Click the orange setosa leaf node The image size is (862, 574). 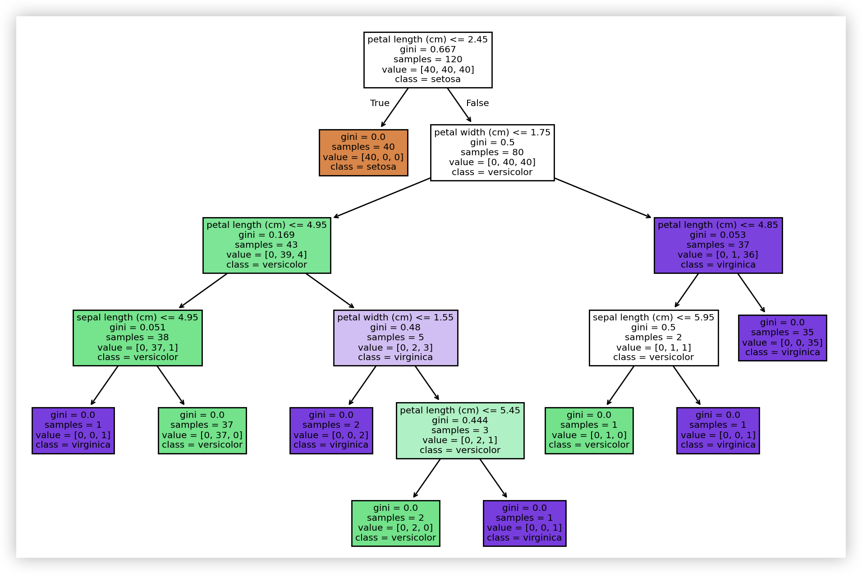(x=363, y=153)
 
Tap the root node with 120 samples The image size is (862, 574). (x=428, y=60)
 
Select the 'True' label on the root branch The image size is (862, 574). (x=380, y=103)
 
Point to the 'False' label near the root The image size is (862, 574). (x=477, y=103)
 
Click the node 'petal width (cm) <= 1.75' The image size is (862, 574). (x=492, y=153)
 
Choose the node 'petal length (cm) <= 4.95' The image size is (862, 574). (x=266, y=245)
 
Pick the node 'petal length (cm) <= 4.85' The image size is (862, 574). (x=718, y=245)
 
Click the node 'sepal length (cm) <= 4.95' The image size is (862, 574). (x=138, y=338)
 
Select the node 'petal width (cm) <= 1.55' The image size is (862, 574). (x=395, y=338)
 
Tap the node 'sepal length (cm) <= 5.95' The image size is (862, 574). (x=654, y=338)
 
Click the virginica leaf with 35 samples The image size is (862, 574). (x=782, y=338)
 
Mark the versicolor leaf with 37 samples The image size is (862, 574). (x=202, y=430)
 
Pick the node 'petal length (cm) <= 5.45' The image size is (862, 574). (x=460, y=430)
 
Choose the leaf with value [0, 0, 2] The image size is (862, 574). (x=331, y=430)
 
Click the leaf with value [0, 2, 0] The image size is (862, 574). (x=395, y=523)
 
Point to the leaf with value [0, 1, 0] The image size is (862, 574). (x=589, y=430)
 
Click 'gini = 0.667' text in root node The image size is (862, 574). (x=428, y=50)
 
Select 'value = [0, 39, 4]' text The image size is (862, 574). (x=266, y=255)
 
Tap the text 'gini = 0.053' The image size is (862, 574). (x=718, y=235)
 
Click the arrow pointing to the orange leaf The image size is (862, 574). (x=394, y=108)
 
